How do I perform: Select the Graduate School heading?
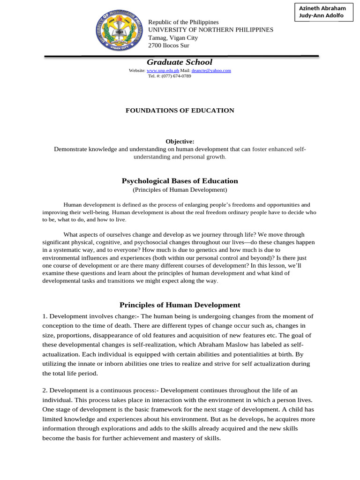point(180,62)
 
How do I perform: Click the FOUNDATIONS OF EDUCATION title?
point(180,111)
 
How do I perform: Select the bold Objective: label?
point(180,142)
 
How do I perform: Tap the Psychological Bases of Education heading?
point(180,181)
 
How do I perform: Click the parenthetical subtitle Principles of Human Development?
point(180,190)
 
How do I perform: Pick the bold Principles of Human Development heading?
point(180,305)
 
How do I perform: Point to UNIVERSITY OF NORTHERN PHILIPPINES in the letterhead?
point(210,30)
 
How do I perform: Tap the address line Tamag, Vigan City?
point(173,37)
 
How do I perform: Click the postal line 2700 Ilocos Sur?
point(169,45)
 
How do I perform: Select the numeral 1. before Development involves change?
point(45,316)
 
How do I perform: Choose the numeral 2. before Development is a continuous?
point(45,390)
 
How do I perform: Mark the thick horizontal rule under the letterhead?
point(181,56)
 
